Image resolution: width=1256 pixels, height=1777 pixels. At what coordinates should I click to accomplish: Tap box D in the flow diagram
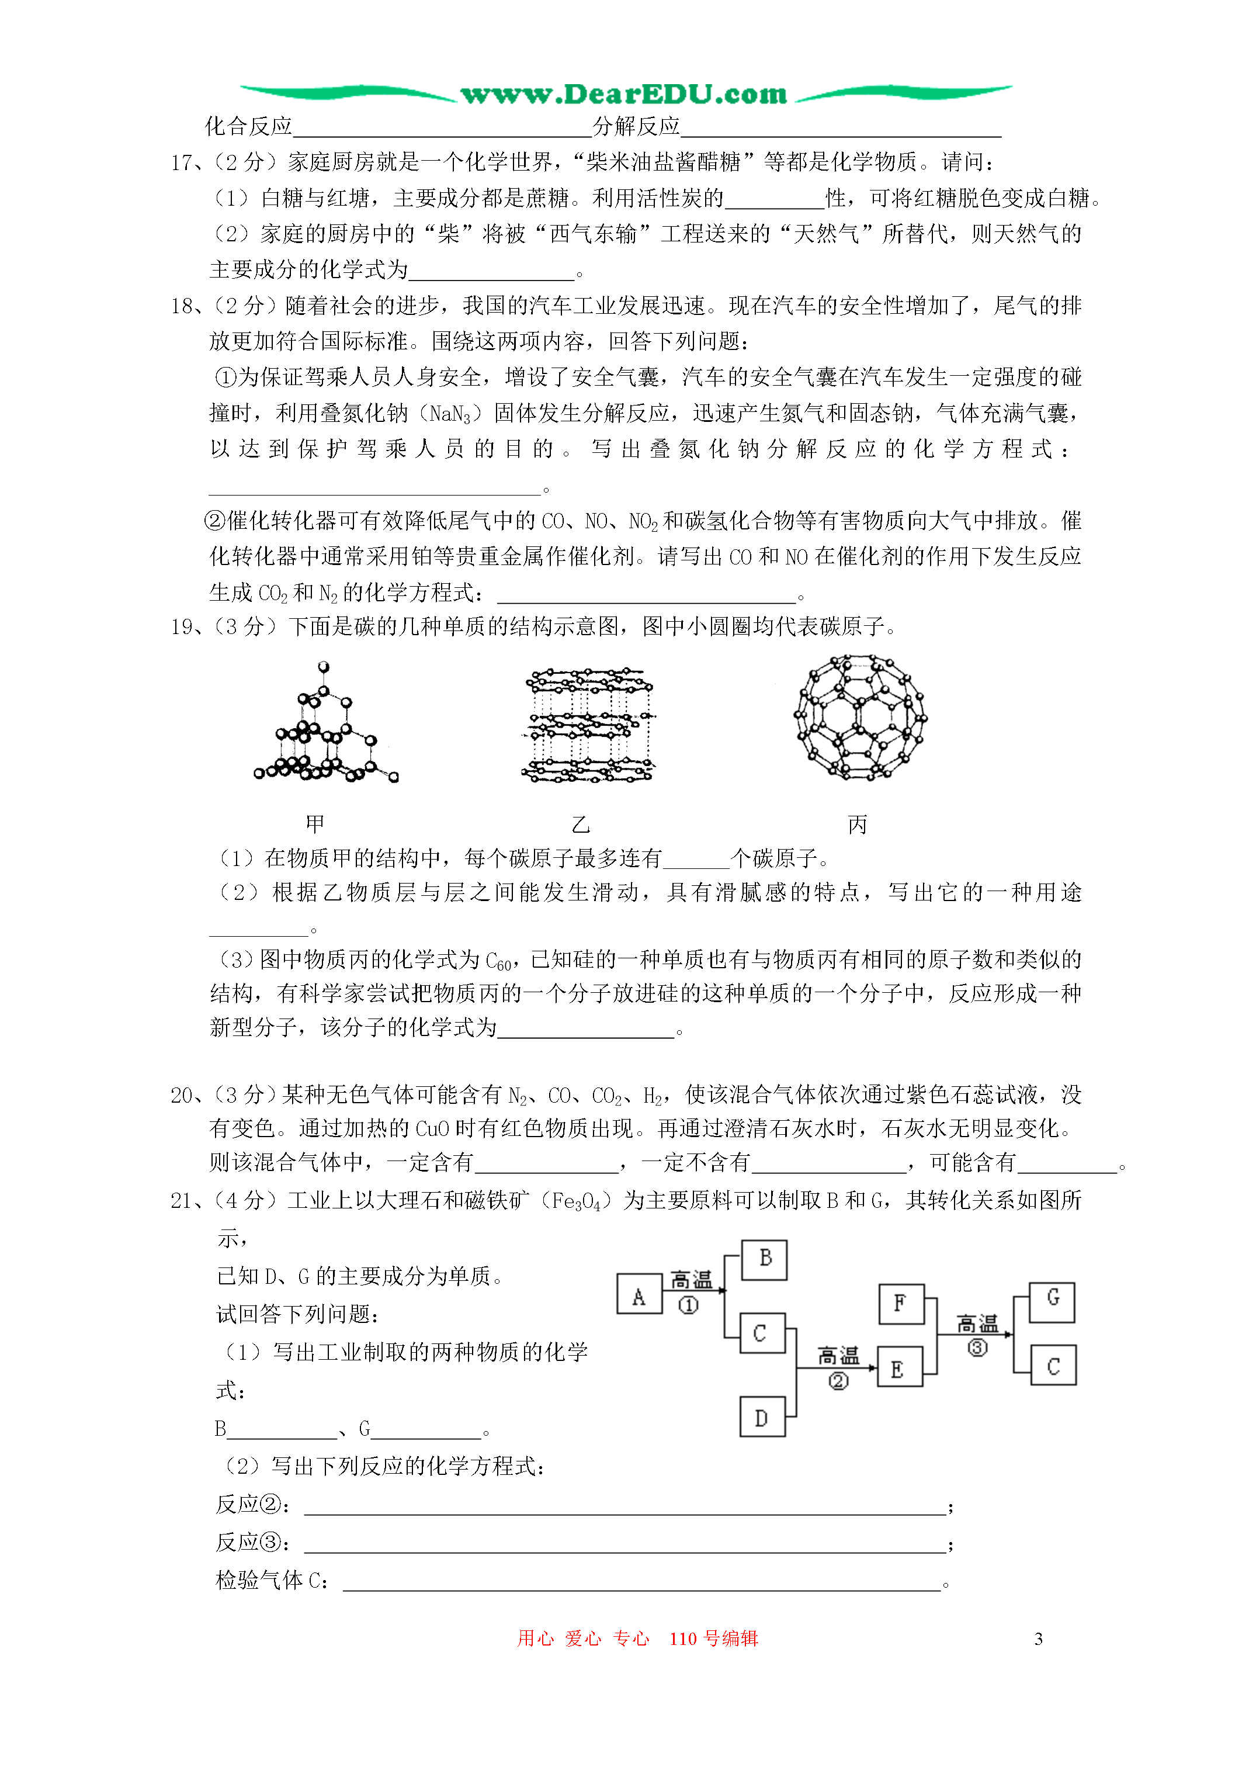[762, 1417]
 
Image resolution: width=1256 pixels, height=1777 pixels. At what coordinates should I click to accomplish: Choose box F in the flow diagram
[900, 1303]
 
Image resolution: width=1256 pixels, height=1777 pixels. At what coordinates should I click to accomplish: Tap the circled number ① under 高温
[688, 1305]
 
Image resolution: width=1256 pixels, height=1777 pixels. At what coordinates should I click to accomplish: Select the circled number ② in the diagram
[838, 1381]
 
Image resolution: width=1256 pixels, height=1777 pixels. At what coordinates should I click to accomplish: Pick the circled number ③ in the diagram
[977, 1348]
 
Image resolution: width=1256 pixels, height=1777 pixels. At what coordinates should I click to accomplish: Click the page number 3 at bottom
[1039, 1639]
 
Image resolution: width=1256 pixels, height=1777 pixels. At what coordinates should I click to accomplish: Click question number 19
[183, 627]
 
